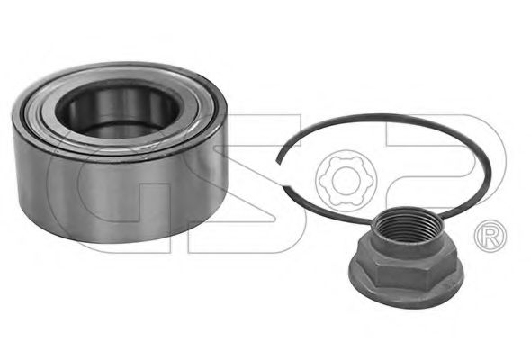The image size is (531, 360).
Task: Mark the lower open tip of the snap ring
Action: (x=286, y=188)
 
